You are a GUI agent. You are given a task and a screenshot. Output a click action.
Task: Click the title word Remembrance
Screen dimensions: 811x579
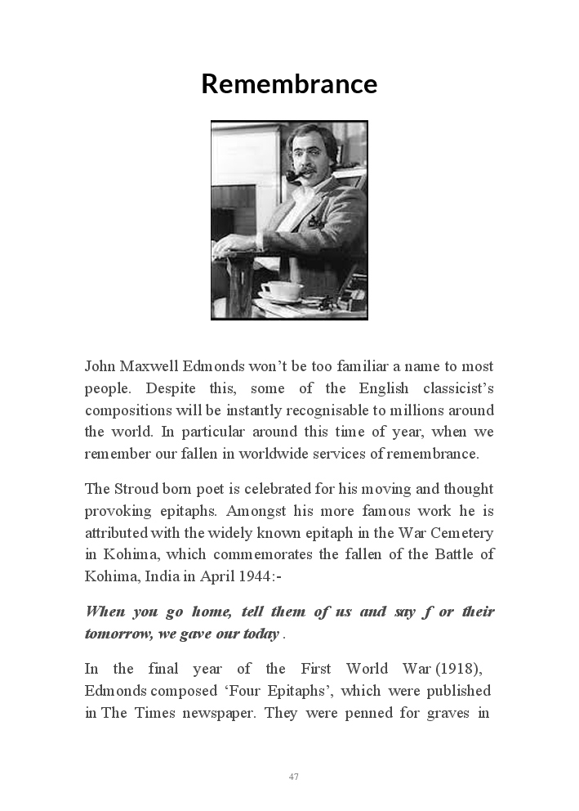click(x=289, y=84)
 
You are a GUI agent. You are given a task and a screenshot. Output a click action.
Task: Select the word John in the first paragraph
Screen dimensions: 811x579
click(x=100, y=366)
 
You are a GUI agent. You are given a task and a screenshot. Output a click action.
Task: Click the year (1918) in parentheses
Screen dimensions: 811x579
click(x=458, y=669)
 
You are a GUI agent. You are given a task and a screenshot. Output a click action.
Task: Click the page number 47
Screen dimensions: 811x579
click(x=293, y=777)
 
